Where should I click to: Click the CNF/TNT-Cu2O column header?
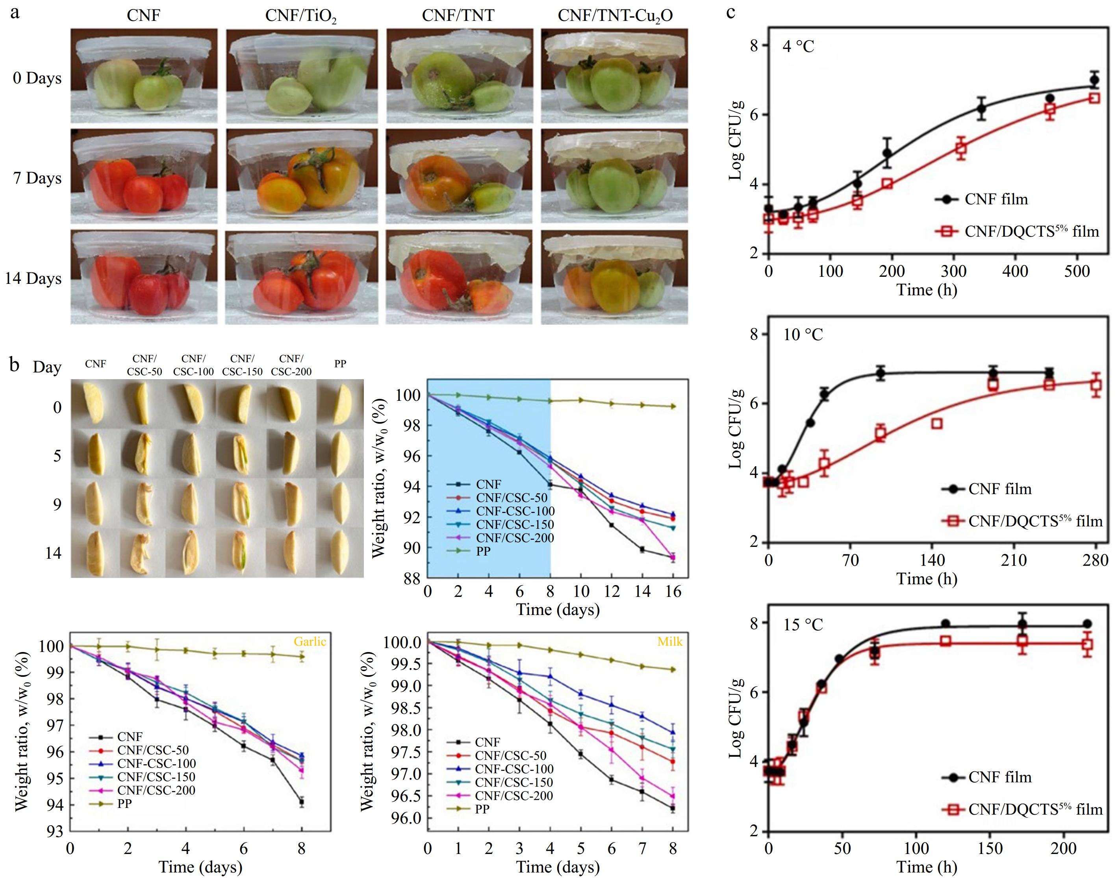615,16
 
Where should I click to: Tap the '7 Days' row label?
37,178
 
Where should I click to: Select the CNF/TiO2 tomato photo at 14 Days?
302,278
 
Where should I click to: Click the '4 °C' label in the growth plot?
798,47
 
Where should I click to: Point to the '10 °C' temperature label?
803,335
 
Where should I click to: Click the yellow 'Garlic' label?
310,641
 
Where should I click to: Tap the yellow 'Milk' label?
670,641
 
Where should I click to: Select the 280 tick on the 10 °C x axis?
1096,560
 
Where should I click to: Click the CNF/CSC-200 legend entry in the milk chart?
514,796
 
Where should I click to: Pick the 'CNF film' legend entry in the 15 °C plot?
999,777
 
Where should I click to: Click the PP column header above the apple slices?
340,364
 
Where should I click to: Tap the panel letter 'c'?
731,11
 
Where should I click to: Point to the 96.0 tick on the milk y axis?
406,818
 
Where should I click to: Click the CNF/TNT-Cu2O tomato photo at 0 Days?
614,76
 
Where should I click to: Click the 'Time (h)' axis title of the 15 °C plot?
927,868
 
